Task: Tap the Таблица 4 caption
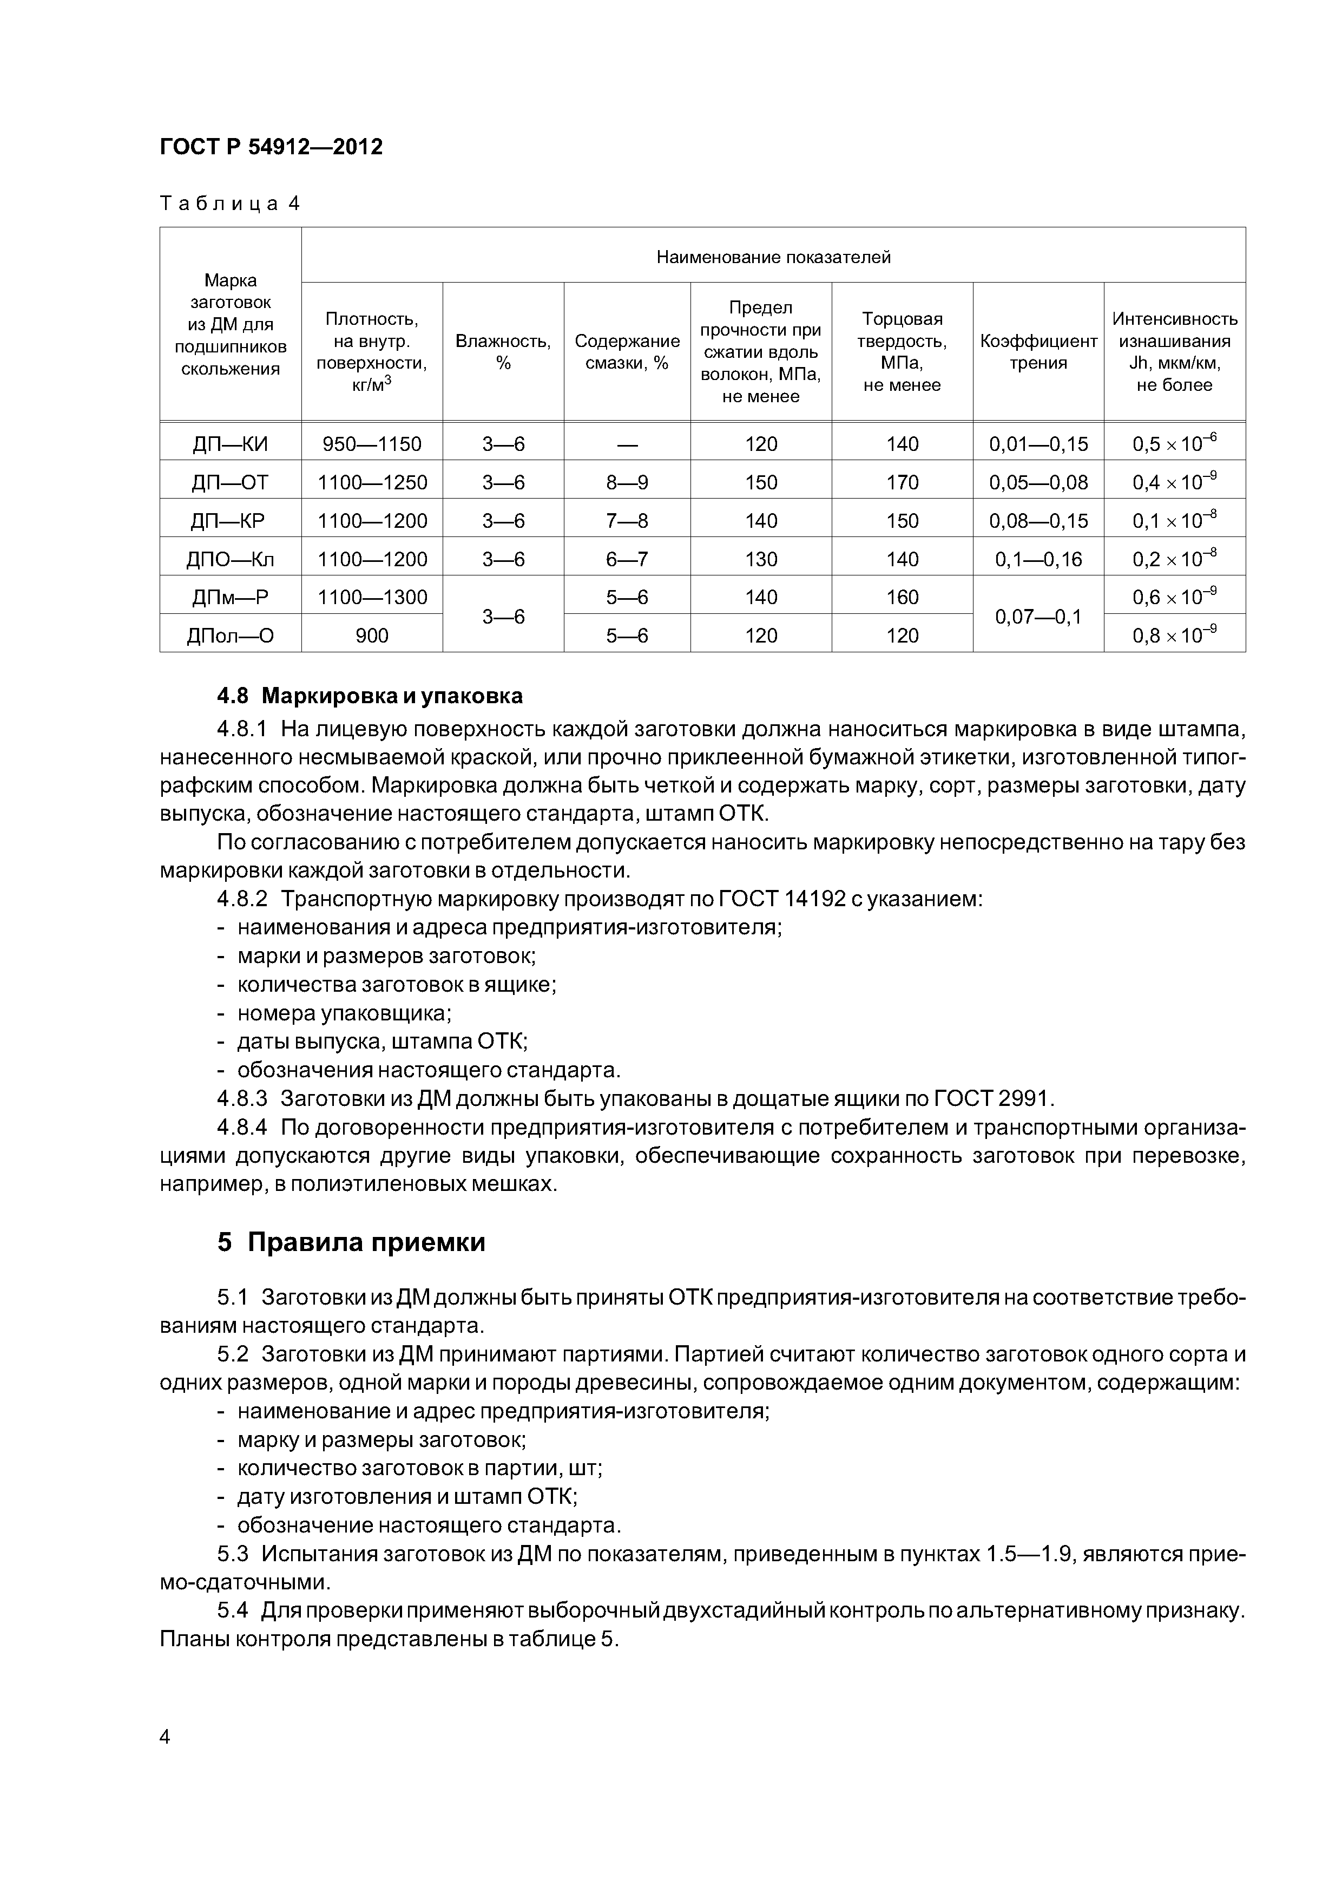coord(230,204)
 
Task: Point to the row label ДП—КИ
coord(230,444)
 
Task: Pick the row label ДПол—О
coord(230,635)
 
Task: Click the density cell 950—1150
coord(372,444)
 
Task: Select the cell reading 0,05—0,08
coord(1038,482)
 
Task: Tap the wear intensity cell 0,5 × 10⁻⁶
coord(1174,443)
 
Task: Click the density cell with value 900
coord(372,635)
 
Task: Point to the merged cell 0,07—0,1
coord(1038,616)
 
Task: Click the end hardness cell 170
coord(902,482)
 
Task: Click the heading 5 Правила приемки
coord(351,1242)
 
